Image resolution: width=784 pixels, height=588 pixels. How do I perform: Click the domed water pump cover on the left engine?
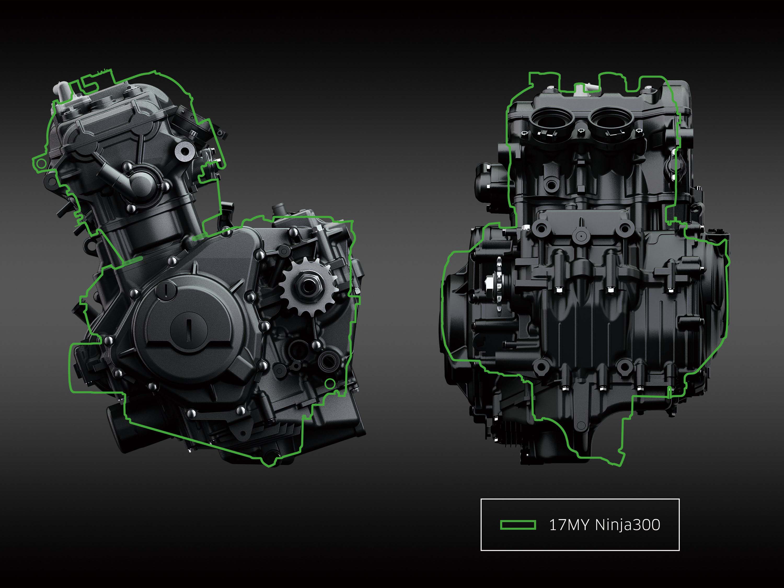(141, 182)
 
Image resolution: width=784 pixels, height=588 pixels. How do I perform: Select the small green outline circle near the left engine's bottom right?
(330, 383)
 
